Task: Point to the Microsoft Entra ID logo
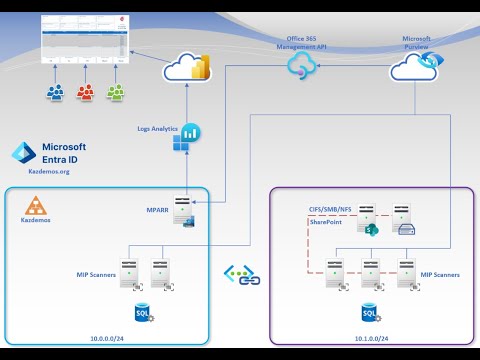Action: point(24,153)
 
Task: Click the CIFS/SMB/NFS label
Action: point(331,207)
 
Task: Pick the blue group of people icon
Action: point(55,93)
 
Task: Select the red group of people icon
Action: point(86,93)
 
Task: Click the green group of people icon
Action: point(117,93)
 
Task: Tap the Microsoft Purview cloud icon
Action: point(411,68)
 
